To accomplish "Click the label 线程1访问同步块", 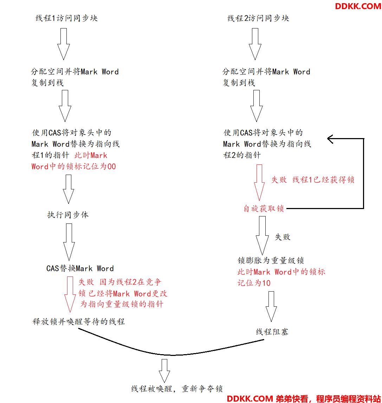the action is pyautogui.click(x=66, y=18).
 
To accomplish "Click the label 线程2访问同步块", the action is pyautogui.click(x=258, y=18).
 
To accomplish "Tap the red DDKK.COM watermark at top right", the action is pyautogui.click(x=358, y=6).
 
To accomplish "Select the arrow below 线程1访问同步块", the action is pyautogui.click(x=64, y=44).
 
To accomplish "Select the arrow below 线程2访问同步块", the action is pyautogui.click(x=255, y=44).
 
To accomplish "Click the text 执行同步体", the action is pyautogui.click(x=68, y=215).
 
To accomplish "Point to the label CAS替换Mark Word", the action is pyautogui.click(x=80, y=268).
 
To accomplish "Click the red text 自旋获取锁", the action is pyautogui.click(x=264, y=208).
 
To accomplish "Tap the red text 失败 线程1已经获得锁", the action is pyautogui.click(x=313, y=180).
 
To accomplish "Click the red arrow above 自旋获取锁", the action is pyautogui.click(x=259, y=182).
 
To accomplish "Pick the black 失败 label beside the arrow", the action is pyautogui.click(x=283, y=237).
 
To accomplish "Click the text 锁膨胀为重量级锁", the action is pyautogui.click(x=271, y=260).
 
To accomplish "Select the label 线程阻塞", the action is pyautogui.click(x=272, y=332).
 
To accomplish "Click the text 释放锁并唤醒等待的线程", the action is pyautogui.click(x=79, y=321).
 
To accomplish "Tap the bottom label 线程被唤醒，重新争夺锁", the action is pyautogui.click(x=177, y=389).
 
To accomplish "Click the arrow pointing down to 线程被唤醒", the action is pyautogui.click(x=164, y=371).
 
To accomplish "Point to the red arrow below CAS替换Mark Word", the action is pyautogui.click(x=70, y=294).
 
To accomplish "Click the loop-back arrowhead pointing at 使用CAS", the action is pyautogui.click(x=330, y=139).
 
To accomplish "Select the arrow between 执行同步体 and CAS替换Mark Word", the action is pyautogui.click(x=69, y=242).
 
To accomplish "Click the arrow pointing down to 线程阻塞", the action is pyautogui.click(x=271, y=306).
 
